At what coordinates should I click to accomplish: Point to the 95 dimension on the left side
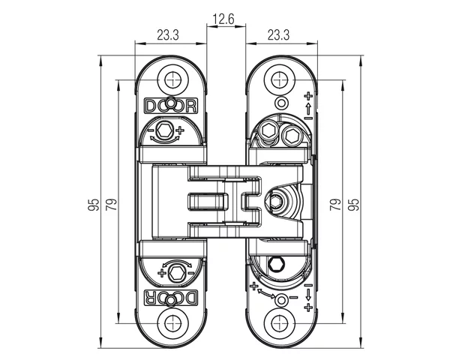click(93, 204)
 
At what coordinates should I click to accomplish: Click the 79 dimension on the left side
click(111, 204)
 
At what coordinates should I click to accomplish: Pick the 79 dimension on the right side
click(335, 204)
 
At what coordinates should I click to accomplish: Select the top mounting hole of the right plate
click(281, 77)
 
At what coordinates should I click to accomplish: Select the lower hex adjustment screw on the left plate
click(176, 271)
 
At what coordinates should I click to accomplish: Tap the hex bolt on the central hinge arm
click(276, 201)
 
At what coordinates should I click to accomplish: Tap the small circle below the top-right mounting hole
click(282, 102)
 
